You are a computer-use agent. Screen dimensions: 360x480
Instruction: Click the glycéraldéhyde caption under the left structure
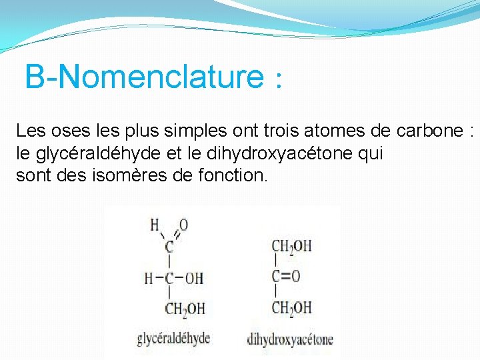(173, 338)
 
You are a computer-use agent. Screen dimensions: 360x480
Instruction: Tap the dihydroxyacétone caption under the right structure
(289, 339)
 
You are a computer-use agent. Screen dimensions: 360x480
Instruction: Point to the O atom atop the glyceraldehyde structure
(184, 225)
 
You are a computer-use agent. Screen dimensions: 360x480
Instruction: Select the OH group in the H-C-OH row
(193, 278)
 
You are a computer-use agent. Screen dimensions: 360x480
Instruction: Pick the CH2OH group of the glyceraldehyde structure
(184, 309)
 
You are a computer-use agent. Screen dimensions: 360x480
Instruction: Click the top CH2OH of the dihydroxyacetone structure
(291, 247)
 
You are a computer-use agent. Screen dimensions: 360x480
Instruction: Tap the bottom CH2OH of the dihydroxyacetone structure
(291, 307)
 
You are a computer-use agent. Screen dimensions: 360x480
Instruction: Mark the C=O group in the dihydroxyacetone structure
(285, 277)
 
